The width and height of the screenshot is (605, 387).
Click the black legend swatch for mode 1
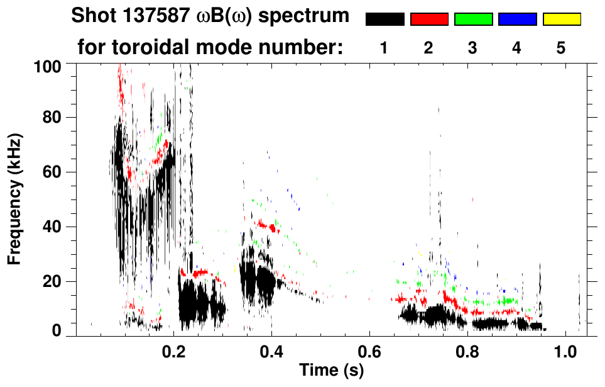point(385,20)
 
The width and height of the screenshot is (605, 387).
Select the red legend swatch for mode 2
point(429,20)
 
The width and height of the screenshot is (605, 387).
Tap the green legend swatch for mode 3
point(473,20)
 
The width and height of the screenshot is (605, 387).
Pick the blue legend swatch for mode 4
point(517,20)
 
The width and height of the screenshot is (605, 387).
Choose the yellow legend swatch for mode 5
point(562,20)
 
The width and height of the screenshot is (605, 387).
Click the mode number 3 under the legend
point(472,48)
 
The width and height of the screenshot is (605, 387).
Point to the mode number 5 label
point(561,48)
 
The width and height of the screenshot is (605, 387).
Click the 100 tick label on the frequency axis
point(48,65)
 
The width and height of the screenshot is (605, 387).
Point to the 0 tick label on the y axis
point(56,330)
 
